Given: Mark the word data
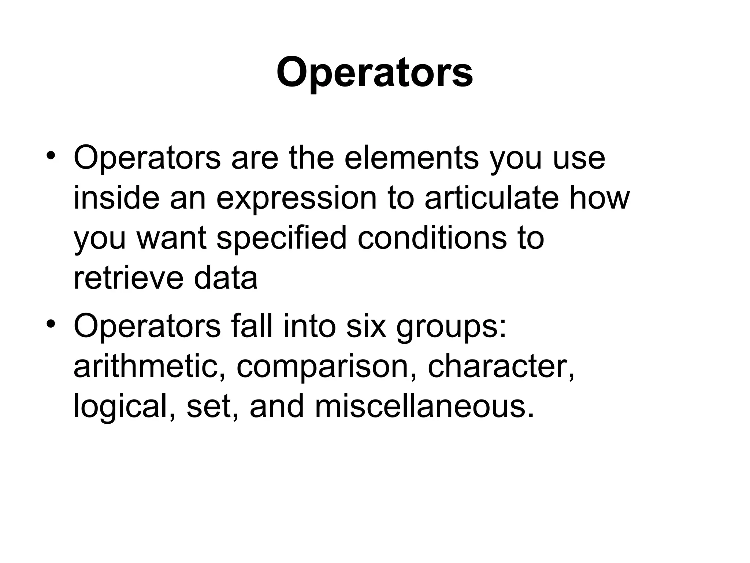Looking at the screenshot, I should point(226,279).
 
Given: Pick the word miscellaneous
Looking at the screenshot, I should point(424,407).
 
